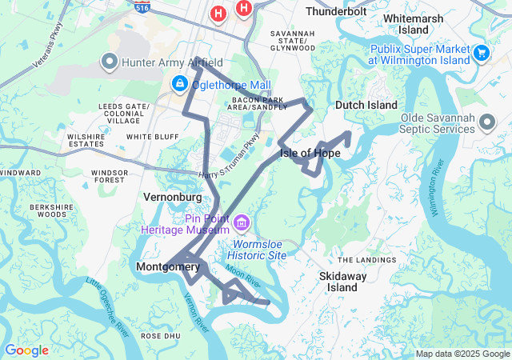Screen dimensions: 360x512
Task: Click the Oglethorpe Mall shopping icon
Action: (x=178, y=83)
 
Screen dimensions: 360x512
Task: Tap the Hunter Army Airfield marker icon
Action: (x=109, y=61)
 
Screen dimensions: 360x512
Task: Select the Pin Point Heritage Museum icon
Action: (x=242, y=222)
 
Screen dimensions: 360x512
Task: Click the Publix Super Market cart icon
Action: (x=481, y=53)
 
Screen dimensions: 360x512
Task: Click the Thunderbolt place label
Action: (x=335, y=11)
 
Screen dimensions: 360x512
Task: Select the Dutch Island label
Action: (x=366, y=105)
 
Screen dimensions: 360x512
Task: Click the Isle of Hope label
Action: (x=310, y=153)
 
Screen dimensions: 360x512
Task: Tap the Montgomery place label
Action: (x=168, y=266)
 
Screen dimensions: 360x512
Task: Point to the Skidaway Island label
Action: (x=343, y=281)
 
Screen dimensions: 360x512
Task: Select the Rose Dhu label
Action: (x=157, y=336)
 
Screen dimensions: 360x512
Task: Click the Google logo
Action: (x=26, y=350)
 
